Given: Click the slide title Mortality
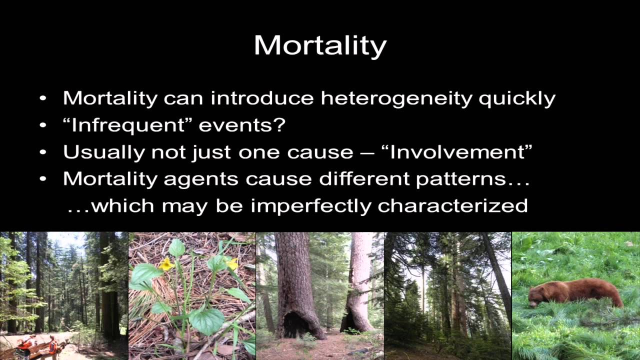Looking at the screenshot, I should point(320,45).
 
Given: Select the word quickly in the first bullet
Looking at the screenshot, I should point(517,98).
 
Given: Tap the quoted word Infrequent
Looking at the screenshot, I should point(127,125).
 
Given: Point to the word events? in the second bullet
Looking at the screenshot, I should point(242,125).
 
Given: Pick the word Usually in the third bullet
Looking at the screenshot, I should point(103,152).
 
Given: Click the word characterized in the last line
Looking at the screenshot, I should point(452,205).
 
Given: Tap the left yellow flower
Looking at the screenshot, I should point(166,263).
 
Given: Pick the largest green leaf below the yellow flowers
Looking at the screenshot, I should point(206,320).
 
